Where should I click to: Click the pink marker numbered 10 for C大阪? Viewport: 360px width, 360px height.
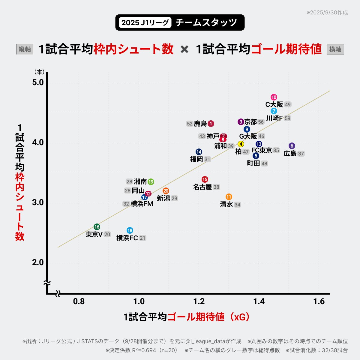point(274,97)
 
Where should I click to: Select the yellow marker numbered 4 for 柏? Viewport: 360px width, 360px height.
point(241,144)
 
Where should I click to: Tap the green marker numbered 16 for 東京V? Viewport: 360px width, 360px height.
point(97,227)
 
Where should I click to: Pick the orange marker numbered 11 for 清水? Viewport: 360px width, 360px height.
point(229,197)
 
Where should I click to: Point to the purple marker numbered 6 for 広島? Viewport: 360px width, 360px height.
point(292,146)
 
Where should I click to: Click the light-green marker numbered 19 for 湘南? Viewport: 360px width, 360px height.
point(151,182)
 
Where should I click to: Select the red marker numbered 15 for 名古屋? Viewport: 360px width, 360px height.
point(205,179)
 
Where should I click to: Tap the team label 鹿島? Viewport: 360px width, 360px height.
point(200,124)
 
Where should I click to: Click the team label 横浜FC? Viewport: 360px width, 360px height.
point(127,238)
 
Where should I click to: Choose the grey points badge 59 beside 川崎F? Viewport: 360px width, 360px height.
point(287,118)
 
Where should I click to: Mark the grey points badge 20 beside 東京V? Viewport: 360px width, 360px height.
point(107,235)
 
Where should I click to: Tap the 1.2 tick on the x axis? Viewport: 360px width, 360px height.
point(199,301)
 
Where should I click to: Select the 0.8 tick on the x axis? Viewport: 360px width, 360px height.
point(79,301)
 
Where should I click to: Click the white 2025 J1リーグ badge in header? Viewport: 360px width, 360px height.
point(145,22)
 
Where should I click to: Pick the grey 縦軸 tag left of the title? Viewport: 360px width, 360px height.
point(25,49)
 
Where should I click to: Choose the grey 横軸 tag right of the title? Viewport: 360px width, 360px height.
point(335,49)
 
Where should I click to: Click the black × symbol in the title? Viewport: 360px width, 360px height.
point(184,49)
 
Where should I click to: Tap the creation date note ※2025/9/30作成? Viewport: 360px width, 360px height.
point(327,13)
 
